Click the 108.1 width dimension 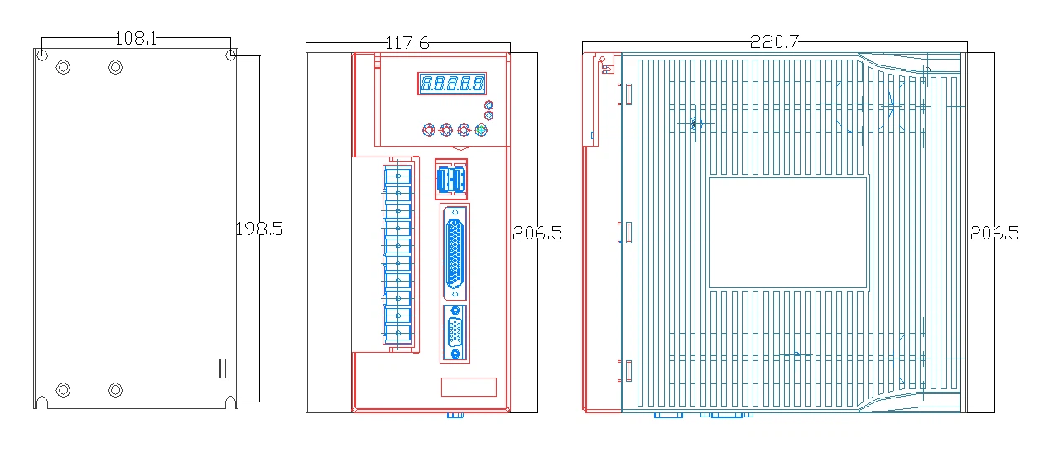[136, 38]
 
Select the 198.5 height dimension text [259, 229]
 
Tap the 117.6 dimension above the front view [407, 43]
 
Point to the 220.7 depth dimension [774, 41]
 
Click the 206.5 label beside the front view [537, 233]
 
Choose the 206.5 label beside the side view [994, 233]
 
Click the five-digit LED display [452, 84]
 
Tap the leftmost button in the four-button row [429, 130]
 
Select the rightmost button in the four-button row [481, 130]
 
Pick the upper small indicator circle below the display [488, 105]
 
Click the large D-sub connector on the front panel [455, 253]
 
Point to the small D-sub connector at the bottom [455, 333]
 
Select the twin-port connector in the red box [451, 179]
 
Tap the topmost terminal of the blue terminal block [398, 176]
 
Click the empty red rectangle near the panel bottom [469, 387]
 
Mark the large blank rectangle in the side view [787, 233]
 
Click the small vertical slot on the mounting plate [223, 369]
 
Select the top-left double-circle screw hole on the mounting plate [63, 67]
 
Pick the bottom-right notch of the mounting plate [230, 402]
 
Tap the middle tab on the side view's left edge [628, 233]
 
